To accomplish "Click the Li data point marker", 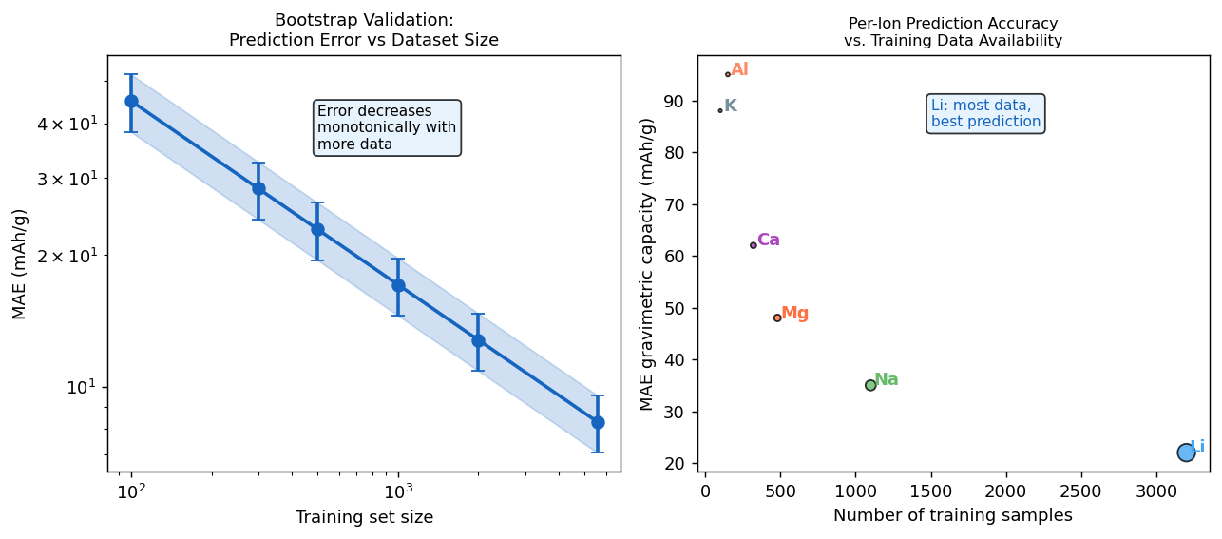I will click(x=1186, y=452).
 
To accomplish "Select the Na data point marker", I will click(x=870, y=385).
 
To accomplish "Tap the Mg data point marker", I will click(x=777, y=318).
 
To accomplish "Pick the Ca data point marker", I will click(x=754, y=245).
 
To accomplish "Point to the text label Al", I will click(x=739, y=70).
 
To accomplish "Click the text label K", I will click(x=731, y=106).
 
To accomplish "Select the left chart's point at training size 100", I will click(x=131, y=101).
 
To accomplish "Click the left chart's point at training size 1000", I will click(x=398, y=285).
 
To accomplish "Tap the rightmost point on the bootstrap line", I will click(x=598, y=422).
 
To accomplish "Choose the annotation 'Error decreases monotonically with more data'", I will click(x=387, y=128).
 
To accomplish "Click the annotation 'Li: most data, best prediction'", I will click(x=985, y=114).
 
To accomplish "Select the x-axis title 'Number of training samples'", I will click(x=952, y=516).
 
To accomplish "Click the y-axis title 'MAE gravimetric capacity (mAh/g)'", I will click(x=648, y=264).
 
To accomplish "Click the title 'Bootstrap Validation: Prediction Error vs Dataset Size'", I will click(x=364, y=30).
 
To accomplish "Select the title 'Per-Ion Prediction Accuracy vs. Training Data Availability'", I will click(x=952, y=32).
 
